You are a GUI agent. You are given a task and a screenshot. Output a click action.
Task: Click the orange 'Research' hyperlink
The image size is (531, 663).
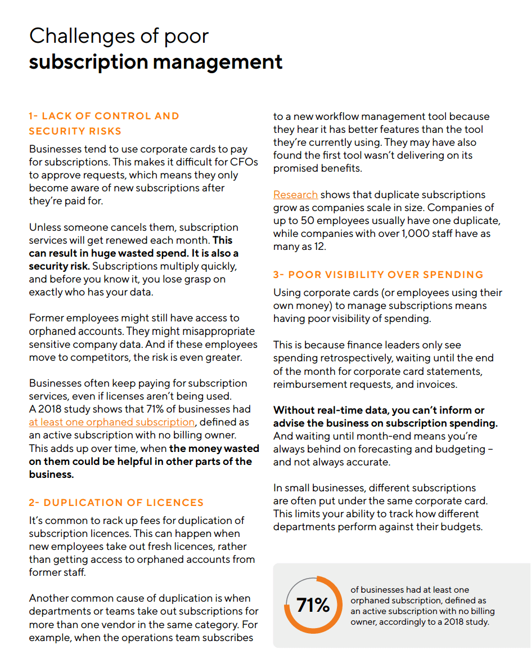coord(295,195)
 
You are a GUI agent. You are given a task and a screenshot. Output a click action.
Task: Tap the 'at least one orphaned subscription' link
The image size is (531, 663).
coord(112,422)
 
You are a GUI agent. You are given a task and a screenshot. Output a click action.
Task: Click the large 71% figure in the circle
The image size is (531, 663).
coord(313,606)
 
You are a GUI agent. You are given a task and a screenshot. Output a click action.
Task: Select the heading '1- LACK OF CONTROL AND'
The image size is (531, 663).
coord(104,117)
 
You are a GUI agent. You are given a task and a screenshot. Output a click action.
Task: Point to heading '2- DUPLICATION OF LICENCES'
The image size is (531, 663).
coord(116,503)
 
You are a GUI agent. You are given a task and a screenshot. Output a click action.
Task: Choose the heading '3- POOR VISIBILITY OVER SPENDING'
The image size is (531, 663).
coord(378,275)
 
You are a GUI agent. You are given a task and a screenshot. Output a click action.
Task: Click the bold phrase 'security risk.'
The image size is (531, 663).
coord(59,266)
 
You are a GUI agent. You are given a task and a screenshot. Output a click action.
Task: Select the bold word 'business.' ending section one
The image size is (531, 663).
coord(51,474)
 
